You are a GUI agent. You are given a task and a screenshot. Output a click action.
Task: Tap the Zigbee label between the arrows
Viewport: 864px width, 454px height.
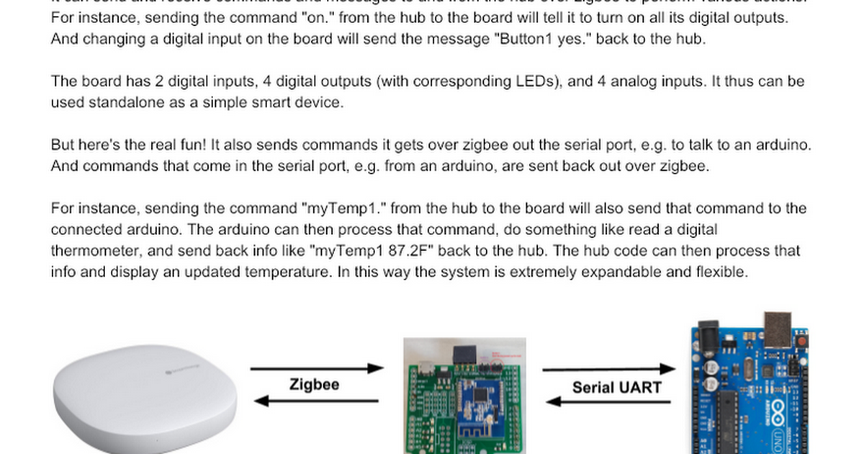click(314, 384)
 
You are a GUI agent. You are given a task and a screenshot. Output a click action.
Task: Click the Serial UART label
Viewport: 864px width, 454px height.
click(616, 387)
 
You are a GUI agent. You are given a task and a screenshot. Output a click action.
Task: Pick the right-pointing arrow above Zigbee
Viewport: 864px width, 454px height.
click(318, 368)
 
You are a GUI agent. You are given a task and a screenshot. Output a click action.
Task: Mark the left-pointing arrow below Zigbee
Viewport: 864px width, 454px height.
click(318, 401)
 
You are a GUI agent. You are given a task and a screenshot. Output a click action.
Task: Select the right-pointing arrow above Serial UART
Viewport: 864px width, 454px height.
click(609, 370)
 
